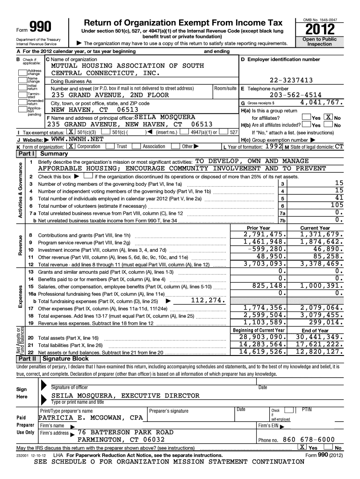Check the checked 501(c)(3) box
point(70,132)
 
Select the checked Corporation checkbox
point(71,146)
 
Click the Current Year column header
point(315,228)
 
